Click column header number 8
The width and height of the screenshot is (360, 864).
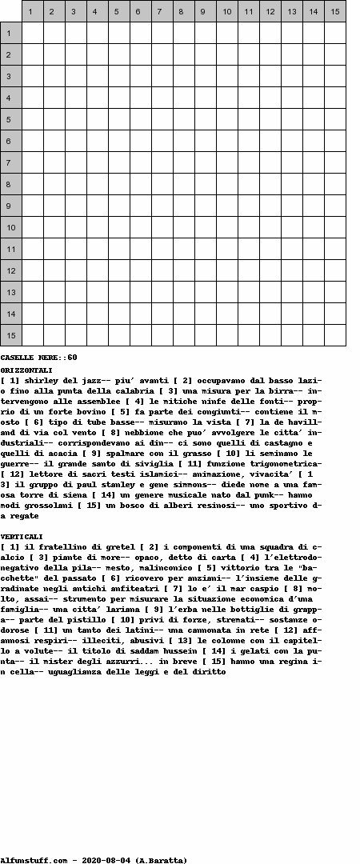pyautogui.click(x=183, y=11)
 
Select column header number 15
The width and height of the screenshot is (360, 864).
pyautogui.click(x=335, y=11)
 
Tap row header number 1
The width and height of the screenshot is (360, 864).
pyautogui.click(x=10, y=33)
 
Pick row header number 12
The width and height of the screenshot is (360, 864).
pyautogui.click(x=10, y=270)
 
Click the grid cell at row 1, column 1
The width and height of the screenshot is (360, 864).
pyautogui.click(x=33, y=33)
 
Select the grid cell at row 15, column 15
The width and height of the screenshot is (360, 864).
pyautogui.click(x=335, y=335)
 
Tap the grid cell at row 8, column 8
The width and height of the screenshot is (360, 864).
pyautogui.click(x=183, y=184)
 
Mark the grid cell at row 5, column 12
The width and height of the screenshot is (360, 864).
pyautogui.click(x=270, y=119)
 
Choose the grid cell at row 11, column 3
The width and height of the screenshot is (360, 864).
pyautogui.click(x=76, y=249)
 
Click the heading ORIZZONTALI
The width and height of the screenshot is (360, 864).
pyautogui.click(x=26, y=370)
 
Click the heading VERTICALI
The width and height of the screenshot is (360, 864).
pyautogui.click(x=22, y=537)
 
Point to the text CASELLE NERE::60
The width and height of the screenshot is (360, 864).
pyautogui.click(x=38, y=358)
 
